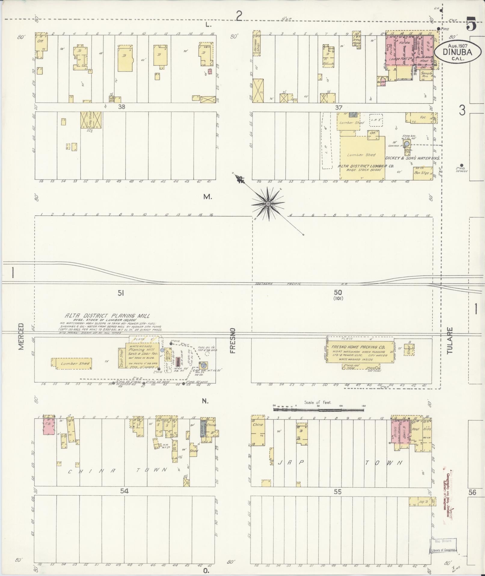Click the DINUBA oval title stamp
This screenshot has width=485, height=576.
(x=457, y=52)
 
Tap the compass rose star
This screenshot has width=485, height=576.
(x=268, y=204)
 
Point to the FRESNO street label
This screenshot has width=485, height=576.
(x=234, y=341)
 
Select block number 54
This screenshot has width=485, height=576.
(x=124, y=491)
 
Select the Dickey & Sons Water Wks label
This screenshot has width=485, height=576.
(x=413, y=158)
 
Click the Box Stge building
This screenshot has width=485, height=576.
(x=421, y=173)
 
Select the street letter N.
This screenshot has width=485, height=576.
(x=205, y=401)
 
